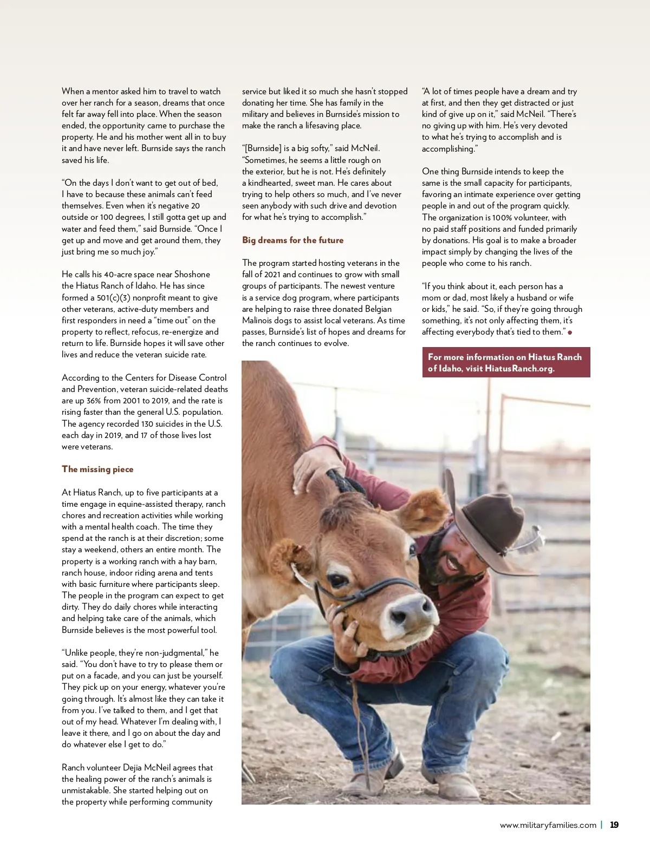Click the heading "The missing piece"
click(97, 469)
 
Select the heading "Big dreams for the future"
click(292, 240)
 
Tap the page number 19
click(614, 825)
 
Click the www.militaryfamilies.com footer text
click(548, 825)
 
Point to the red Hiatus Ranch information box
click(505, 362)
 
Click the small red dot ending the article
click(570, 332)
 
